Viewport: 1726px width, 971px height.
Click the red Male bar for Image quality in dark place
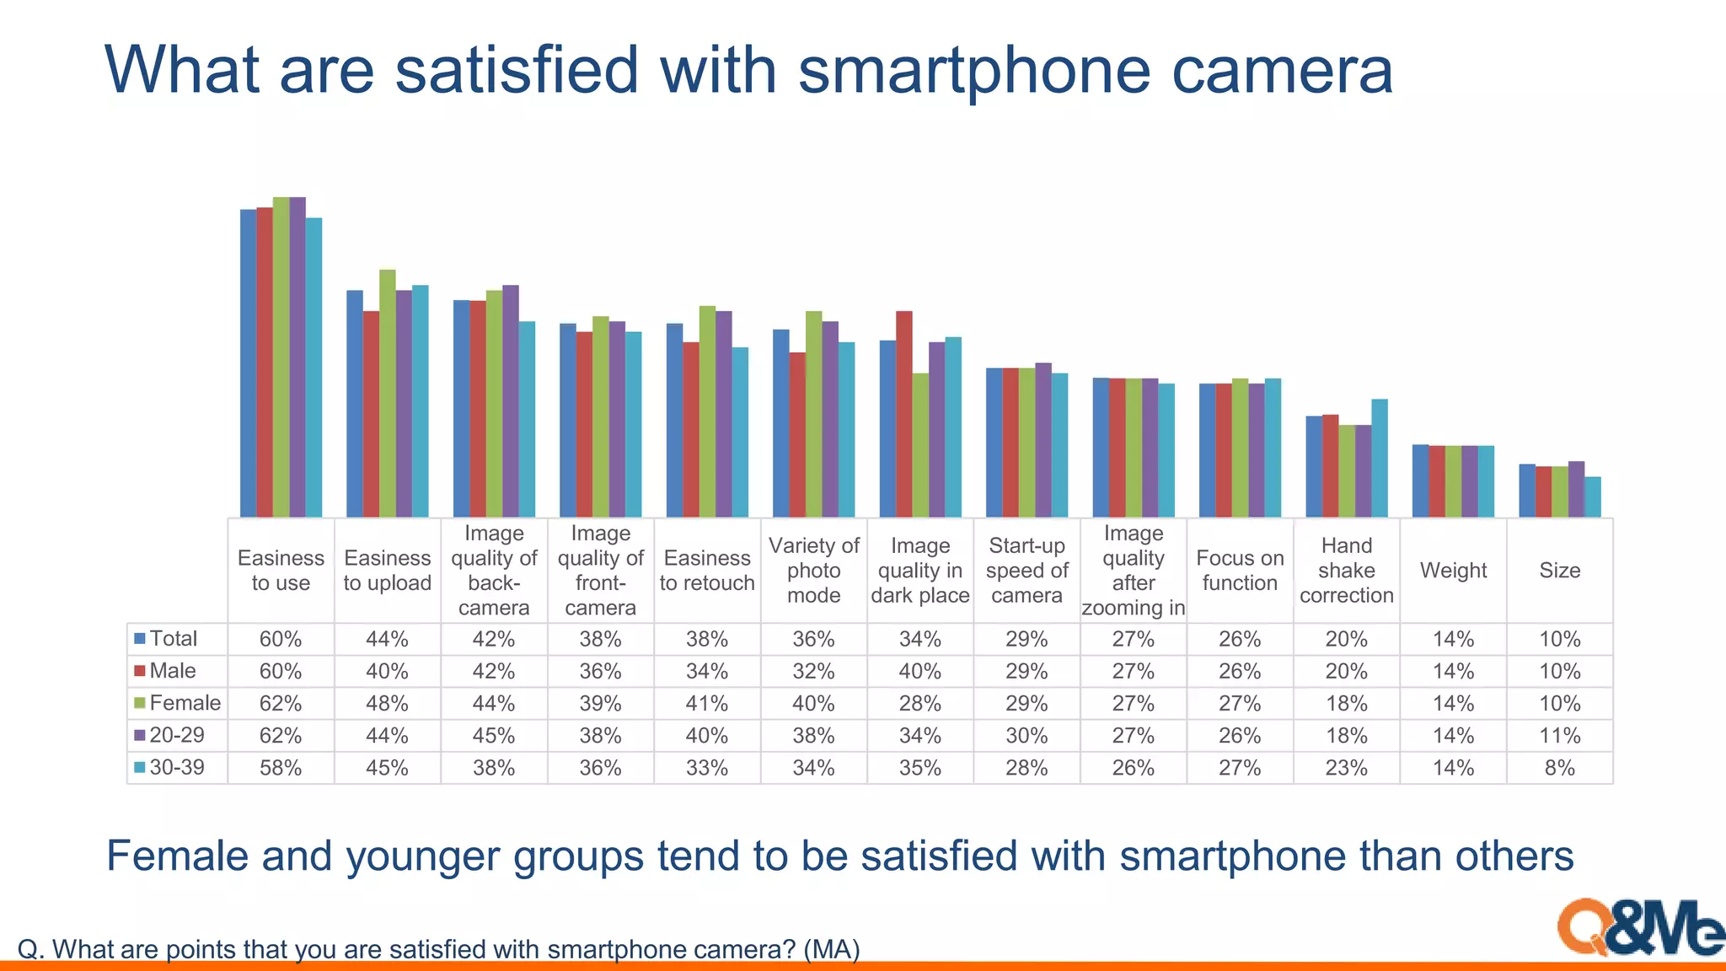pyautogui.click(x=903, y=413)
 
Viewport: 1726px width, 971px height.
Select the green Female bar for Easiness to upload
pyautogui.click(x=388, y=393)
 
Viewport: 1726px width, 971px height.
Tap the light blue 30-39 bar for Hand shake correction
pyautogui.click(x=1380, y=458)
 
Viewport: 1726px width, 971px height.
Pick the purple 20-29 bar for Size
pyautogui.click(x=1576, y=489)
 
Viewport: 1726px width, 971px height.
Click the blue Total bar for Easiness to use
pyautogui.click(x=248, y=362)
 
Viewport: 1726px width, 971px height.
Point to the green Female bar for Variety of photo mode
pyautogui.click(x=813, y=413)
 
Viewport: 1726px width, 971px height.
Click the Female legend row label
pyautogui.click(x=185, y=703)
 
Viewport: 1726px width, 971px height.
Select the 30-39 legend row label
pyautogui.click(x=176, y=767)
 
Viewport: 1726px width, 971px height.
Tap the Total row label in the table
pyautogui.click(x=173, y=639)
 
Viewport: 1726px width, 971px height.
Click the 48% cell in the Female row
pyautogui.click(x=387, y=704)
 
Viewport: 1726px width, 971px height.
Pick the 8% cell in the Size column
pyautogui.click(x=1559, y=768)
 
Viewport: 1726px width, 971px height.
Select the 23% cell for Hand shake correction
pyautogui.click(x=1346, y=768)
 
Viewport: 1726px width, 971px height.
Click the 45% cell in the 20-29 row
pyautogui.click(x=493, y=736)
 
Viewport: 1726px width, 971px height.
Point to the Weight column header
pyautogui.click(x=1453, y=571)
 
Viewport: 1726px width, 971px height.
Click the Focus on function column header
pyautogui.click(x=1240, y=571)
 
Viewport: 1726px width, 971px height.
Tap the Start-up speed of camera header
pyautogui.click(x=1026, y=571)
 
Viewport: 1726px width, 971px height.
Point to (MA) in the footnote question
pyautogui.click(x=831, y=950)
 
